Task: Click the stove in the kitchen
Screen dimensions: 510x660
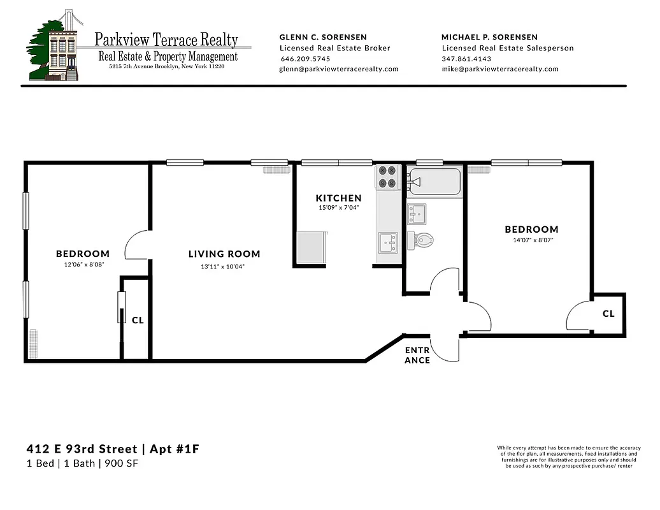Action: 387,177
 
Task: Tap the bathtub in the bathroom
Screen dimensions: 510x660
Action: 435,182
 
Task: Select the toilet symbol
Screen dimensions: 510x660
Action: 424,240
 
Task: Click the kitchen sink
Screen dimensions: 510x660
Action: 387,242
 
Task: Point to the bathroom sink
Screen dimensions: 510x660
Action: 417,214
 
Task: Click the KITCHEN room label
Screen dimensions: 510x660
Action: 338,198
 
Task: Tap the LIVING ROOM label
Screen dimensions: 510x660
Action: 224,254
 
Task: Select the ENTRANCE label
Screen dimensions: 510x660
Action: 417,355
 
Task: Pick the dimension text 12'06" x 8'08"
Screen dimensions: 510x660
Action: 83,264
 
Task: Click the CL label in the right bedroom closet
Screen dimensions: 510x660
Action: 608,314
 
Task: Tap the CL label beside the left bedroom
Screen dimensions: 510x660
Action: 138,320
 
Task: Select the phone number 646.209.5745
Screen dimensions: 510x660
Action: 305,59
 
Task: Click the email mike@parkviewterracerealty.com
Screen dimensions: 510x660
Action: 500,69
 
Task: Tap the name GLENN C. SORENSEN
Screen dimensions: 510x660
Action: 323,37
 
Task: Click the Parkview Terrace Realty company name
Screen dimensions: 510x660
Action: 166,40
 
